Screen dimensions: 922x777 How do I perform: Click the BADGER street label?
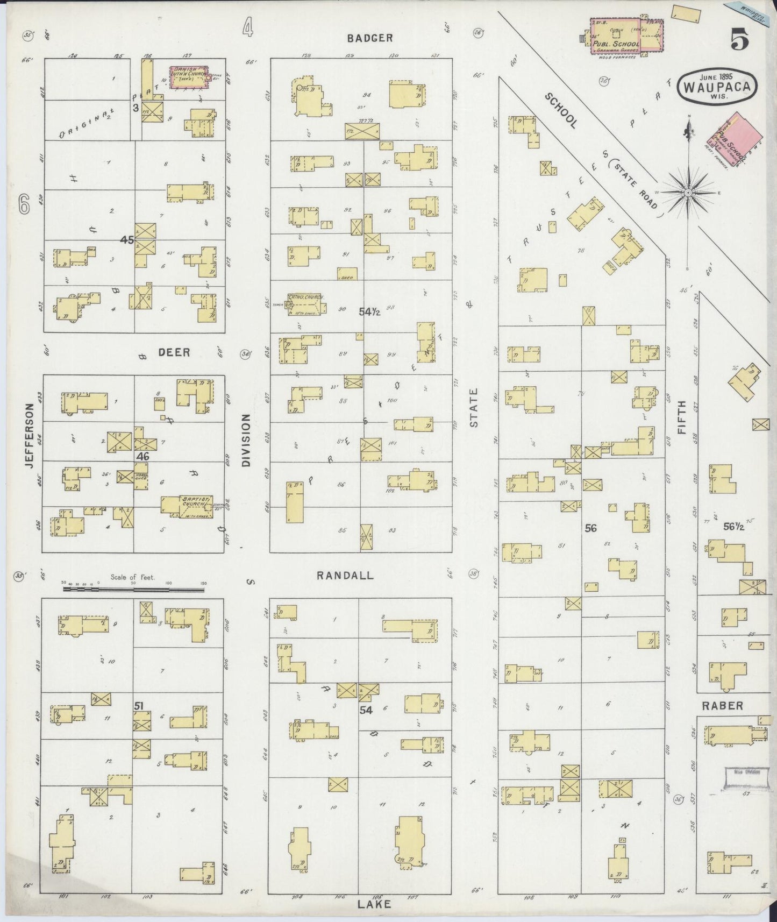(369, 38)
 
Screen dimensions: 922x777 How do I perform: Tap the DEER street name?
(174, 352)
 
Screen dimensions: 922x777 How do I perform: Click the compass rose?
(688, 192)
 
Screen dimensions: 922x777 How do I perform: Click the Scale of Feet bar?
(134, 589)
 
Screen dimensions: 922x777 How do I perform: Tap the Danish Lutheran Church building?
(190, 77)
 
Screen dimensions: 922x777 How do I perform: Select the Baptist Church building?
(187, 506)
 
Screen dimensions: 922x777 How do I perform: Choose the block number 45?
(127, 240)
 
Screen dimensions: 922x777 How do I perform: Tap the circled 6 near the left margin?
(24, 204)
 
